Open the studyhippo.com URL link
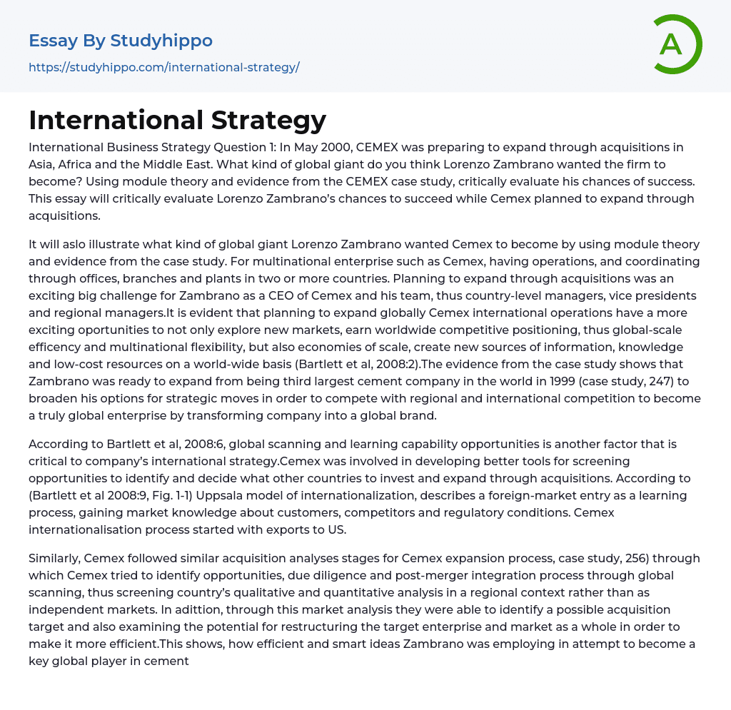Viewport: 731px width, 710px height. (163, 68)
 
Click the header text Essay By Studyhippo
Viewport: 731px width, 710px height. (121, 41)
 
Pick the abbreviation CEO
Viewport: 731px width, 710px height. (426, 296)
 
